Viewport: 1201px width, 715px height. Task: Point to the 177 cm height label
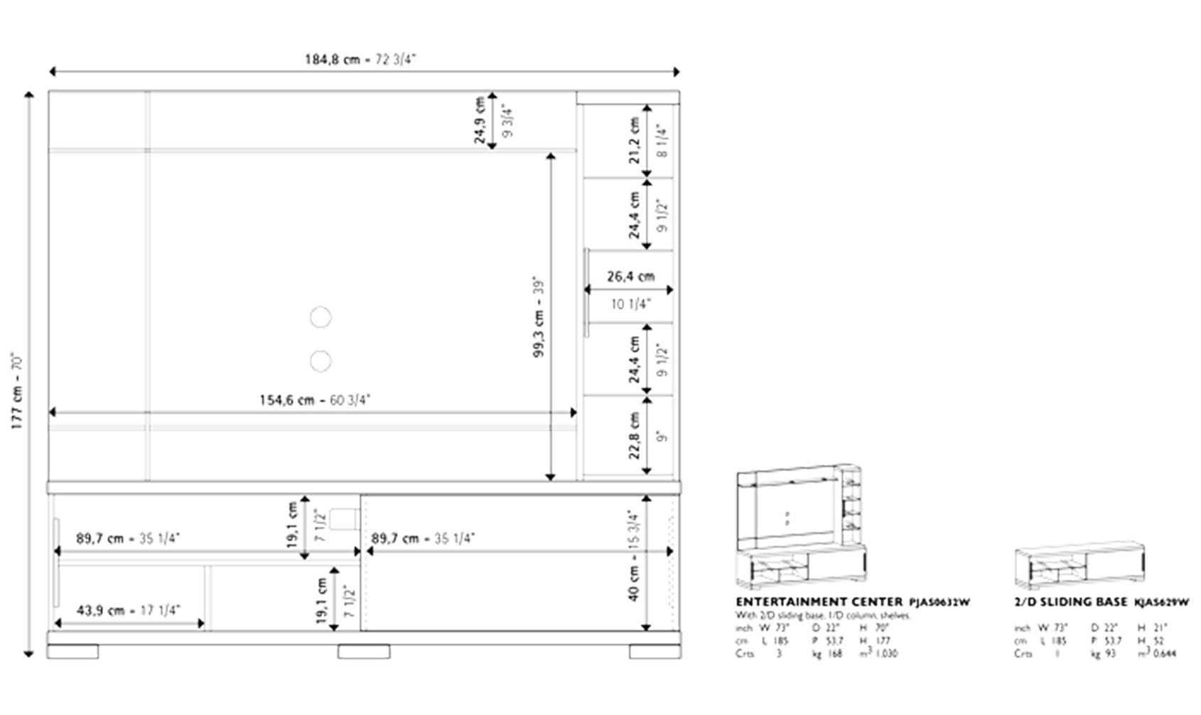coord(18,391)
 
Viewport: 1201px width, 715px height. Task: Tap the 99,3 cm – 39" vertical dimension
coord(539,316)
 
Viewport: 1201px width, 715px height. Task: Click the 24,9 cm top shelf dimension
coord(480,120)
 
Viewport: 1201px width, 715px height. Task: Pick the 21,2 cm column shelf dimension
coord(635,141)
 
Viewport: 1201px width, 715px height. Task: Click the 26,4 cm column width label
coord(630,276)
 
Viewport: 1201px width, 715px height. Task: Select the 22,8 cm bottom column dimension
coord(635,435)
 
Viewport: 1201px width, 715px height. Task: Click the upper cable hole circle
coord(321,317)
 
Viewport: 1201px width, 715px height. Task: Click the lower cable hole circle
coord(321,361)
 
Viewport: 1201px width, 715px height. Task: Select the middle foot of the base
coord(363,651)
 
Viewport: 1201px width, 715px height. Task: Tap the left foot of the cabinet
coord(72,651)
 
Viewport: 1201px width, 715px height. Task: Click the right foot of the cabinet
coord(655,651)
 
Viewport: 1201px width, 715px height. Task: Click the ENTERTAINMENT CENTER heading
coord(819,602)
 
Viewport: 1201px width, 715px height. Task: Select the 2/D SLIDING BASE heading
coord(1070,602)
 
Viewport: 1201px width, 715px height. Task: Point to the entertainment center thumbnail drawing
coord(801,527)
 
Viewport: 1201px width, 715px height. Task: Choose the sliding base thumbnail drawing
coord(1079,567)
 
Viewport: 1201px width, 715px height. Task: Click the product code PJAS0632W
coord(939,603)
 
